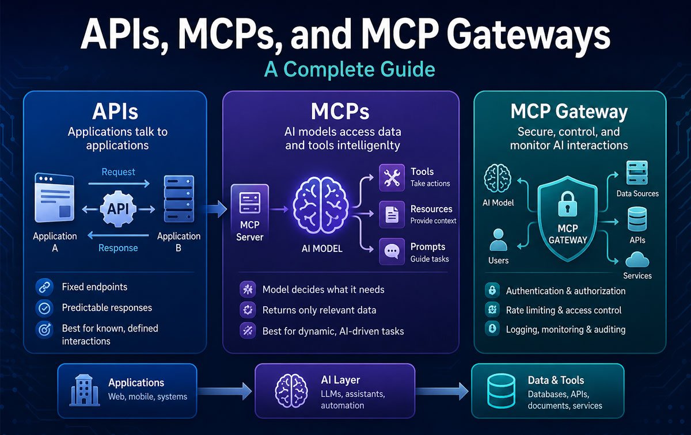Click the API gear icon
118,209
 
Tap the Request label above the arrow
118,171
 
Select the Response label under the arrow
118,248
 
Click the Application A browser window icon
55,197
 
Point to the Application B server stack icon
179,199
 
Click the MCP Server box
249,213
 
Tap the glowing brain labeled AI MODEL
321,205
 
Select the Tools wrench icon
392,178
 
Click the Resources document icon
392,215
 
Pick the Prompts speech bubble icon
392,251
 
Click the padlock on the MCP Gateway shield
567,204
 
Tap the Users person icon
498,239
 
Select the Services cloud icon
637,260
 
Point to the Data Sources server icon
637,173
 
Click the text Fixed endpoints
94,287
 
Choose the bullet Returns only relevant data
319,310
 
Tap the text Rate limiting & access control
564,310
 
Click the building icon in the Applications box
84,390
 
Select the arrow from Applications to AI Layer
225,391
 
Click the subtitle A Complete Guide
350,70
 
